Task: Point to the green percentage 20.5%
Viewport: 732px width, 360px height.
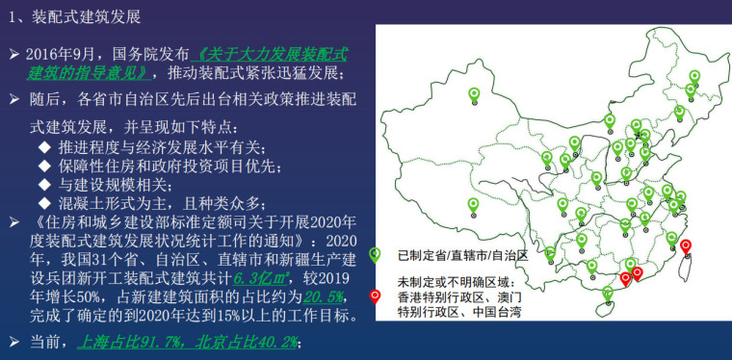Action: pyautogui.click(x=318, y=297)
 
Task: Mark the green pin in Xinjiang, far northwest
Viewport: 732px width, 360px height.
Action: pyautogui.click(x=474, y=94)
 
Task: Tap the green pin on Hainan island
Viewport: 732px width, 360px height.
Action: pyautogui.click(x=608, y=293)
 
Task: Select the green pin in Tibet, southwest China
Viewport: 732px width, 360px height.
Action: pyautogui.click(x=473, y=204)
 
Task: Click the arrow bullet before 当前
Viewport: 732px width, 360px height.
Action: pyautogui.click(x=13, y=342)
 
